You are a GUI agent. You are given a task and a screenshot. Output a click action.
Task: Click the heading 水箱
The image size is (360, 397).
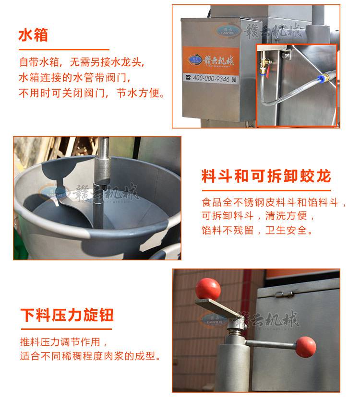33,35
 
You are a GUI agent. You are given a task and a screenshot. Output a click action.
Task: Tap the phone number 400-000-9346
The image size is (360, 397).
211,78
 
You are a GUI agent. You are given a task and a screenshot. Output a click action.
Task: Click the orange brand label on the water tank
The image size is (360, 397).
211,60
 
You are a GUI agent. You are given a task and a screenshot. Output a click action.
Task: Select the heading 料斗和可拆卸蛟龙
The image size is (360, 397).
266,176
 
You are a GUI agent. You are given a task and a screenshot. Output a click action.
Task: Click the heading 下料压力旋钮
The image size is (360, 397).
67,315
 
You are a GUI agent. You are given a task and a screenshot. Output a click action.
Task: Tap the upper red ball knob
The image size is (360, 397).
208,289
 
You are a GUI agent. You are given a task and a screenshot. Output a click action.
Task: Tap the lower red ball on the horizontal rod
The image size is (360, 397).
306,347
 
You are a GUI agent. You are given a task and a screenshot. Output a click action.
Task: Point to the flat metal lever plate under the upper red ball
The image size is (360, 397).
218,308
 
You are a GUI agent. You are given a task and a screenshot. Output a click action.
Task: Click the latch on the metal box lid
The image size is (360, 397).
285,294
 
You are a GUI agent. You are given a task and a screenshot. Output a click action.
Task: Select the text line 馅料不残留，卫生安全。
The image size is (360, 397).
257,230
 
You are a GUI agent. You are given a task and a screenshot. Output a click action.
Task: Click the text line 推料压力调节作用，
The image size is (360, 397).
64,342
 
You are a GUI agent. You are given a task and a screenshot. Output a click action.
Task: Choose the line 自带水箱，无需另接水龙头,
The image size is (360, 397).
82,62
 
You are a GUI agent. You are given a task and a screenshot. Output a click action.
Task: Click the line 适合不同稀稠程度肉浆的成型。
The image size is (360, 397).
90,356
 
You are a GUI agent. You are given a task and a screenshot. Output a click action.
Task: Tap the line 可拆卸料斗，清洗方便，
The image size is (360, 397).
258,216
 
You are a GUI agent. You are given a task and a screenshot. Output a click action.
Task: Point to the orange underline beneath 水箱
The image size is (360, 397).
64,50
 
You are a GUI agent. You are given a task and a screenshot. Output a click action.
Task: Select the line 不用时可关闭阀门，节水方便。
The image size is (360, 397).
92,93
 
